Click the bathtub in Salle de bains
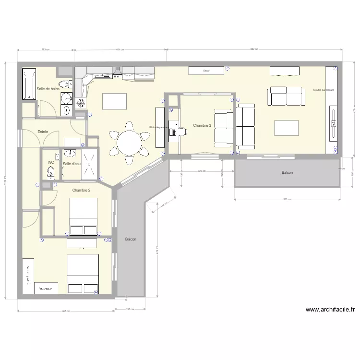click(x=29, y=85)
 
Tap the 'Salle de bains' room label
click(x=48, y=89)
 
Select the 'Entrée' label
click(x=43, y=132)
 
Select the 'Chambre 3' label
click(x=202, y=125)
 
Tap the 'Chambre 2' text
click(x=82, y=191)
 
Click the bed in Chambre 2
click(x=84, y=217)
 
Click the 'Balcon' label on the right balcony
click(x=287, y=172)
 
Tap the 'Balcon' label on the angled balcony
click(x=130, y=239)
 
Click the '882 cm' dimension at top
click(x=253, y=49)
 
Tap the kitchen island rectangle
click(x=114, y=101)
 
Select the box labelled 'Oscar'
click(x=206, y=71)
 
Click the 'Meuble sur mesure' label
click(x=324, y=90)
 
